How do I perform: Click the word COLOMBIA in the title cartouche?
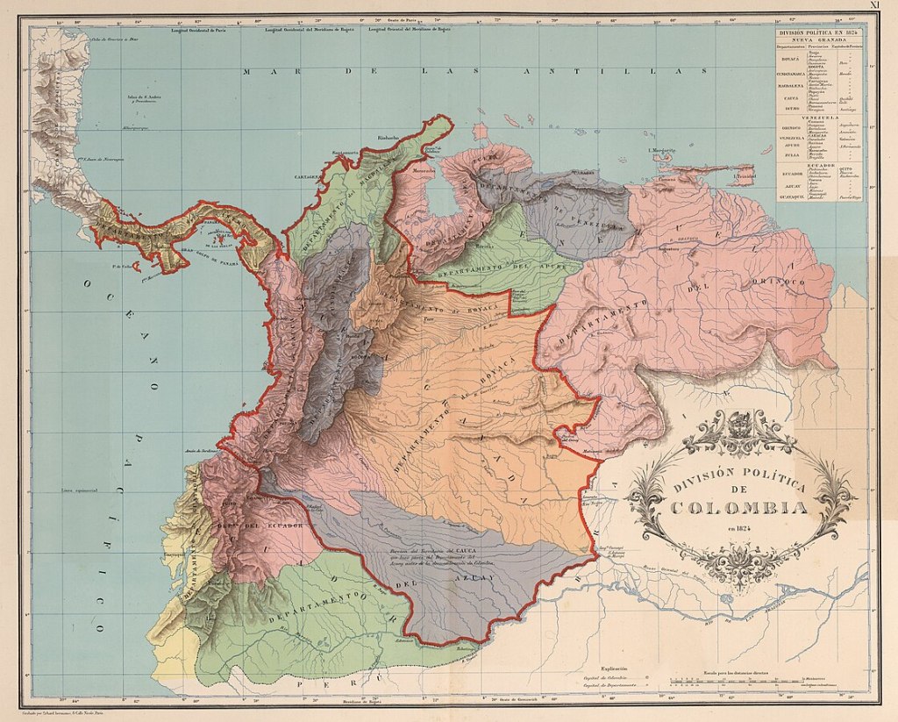(739, 507)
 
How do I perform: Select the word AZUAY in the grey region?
(477, 578)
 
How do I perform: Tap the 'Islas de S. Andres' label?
(138, 97)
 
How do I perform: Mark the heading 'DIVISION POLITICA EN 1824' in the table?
(819, 32)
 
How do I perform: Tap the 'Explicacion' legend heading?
(614, 668)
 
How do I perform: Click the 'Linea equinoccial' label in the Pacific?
(79, 490)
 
